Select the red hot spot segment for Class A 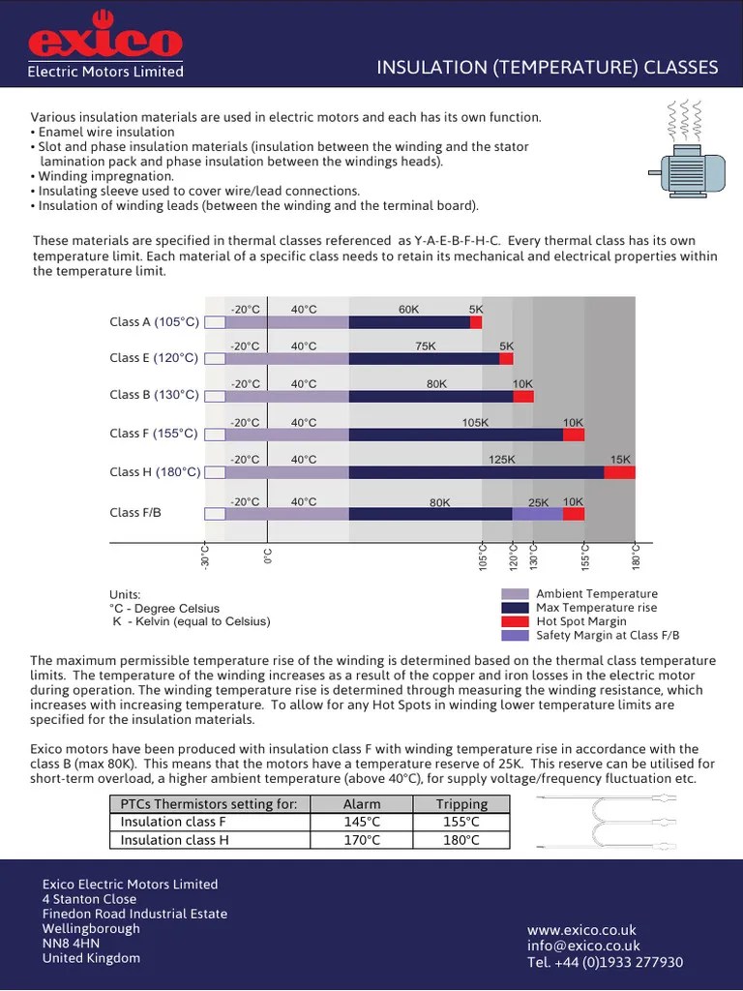coord(476,322)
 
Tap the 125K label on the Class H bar coord(502,460)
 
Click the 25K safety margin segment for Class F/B coord(537,514)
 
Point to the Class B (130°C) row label coord(154,395)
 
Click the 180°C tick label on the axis coord(636,557)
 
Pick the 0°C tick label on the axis coord(268,556)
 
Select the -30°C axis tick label coord(205,558)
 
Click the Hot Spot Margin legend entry coord(580,621)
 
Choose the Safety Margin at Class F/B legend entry coord(608,635)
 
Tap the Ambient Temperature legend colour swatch coord(515,594)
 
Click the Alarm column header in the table coord(362,804)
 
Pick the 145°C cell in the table coord(362,822)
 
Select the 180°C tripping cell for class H coord(461,840)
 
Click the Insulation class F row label coord(173,822)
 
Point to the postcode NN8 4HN coord(71,944)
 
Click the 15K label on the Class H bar coord(620,460)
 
